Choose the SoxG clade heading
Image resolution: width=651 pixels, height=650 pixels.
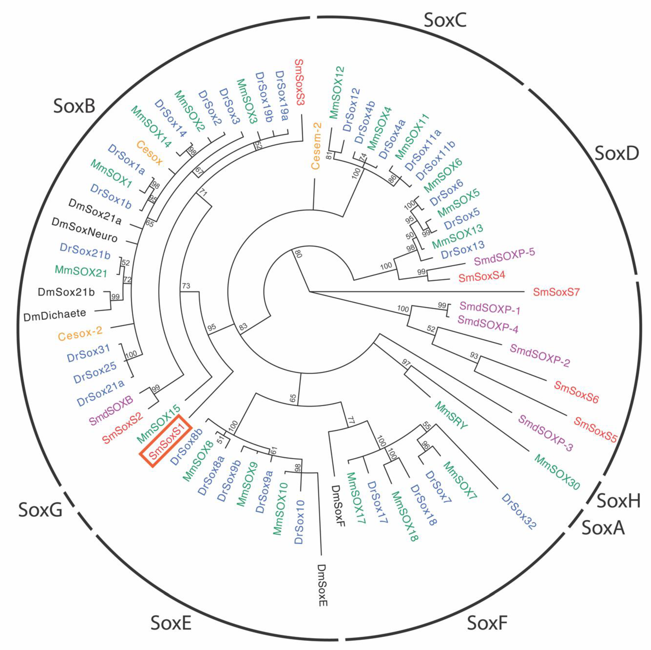(40, 510)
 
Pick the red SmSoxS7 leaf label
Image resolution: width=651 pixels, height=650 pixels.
(556, 292)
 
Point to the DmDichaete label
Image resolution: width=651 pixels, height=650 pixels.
(55, 315)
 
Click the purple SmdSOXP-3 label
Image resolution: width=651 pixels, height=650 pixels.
(545, 433)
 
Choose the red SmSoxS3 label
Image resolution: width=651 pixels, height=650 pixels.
(299, 82)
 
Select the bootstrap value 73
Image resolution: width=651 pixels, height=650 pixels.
(186, 286)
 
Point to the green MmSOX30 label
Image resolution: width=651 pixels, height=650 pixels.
(557, 472)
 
